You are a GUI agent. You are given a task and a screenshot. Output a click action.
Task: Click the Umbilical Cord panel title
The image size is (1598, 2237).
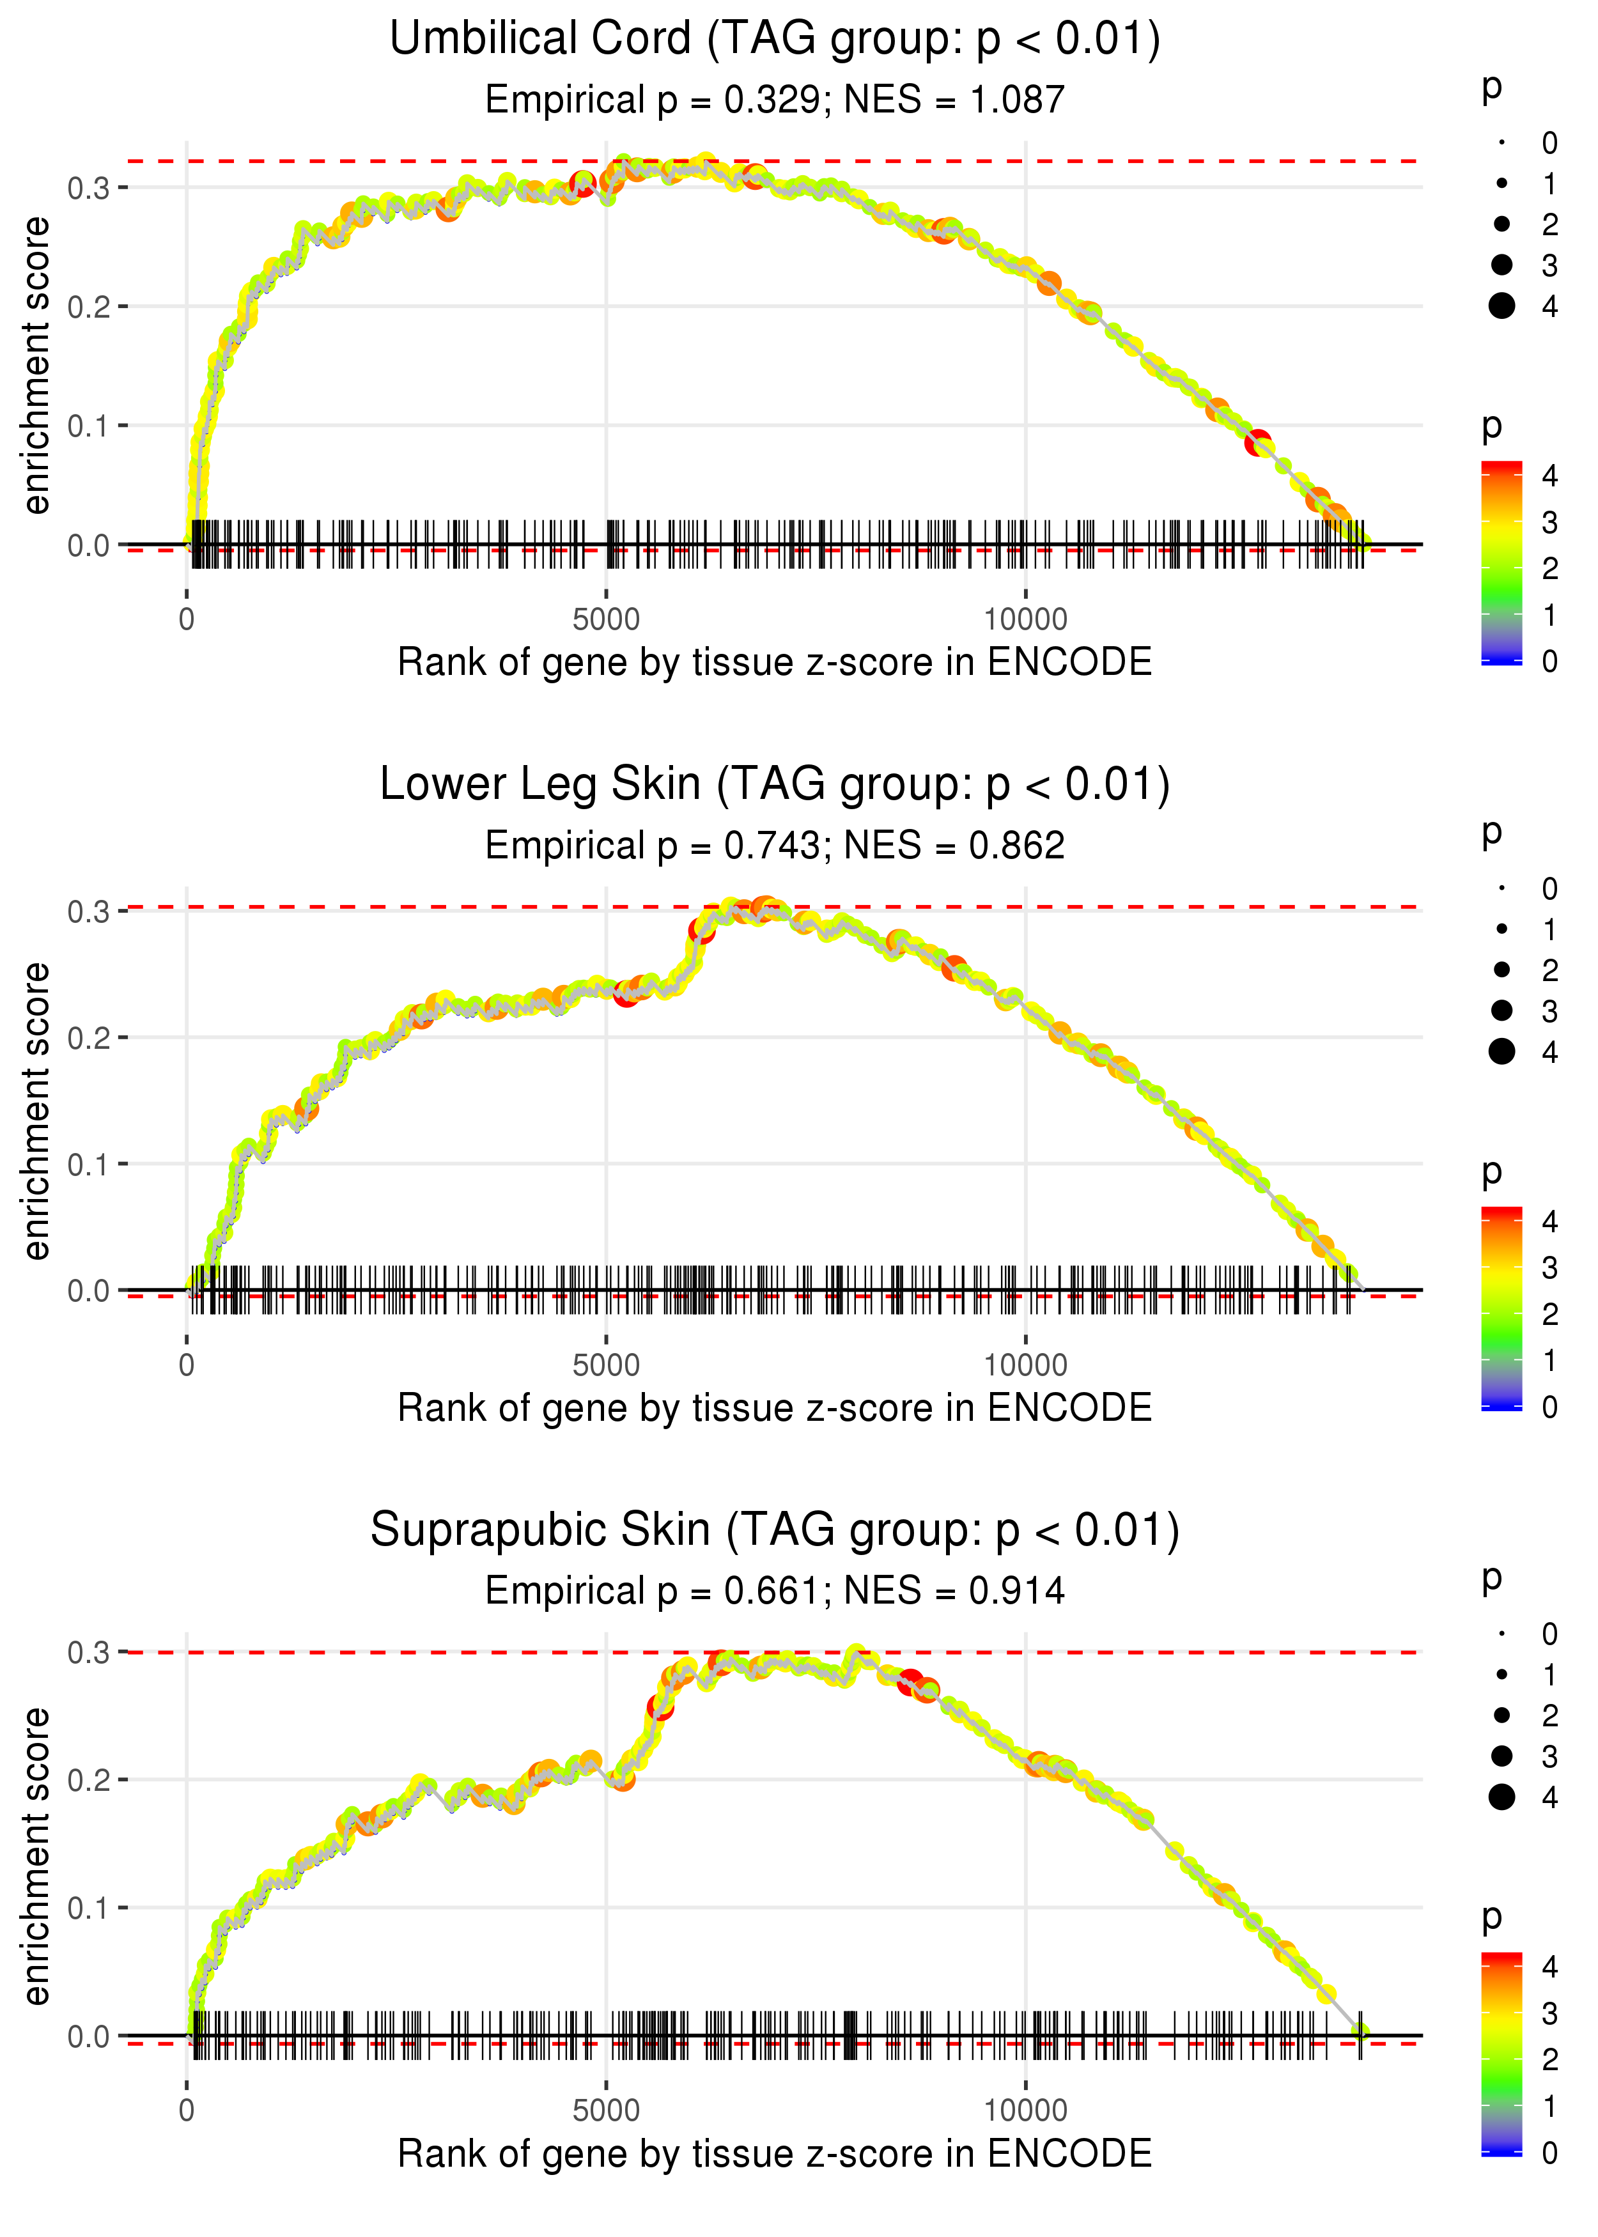pos(775,40)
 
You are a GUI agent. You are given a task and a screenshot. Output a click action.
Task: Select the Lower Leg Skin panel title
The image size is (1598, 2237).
pos(775,785)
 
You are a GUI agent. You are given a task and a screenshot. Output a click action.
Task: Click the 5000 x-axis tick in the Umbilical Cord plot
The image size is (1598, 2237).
pos(606,620)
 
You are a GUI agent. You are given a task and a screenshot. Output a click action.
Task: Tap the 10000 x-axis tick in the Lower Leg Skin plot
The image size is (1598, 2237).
pos(1025,1365)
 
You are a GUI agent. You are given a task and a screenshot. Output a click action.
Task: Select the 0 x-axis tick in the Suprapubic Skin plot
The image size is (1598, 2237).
pos(187,2111)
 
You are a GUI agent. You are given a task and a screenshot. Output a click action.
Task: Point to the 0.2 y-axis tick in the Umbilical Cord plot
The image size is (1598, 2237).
pos(89,307)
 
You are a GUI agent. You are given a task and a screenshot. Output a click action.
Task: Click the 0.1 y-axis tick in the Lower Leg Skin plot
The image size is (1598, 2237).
pos(89,1165)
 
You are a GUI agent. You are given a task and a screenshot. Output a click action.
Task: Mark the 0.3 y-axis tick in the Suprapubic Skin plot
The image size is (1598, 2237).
pos(89,1653)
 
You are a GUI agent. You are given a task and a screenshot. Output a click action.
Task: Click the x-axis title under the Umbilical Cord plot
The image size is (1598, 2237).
pos(775,663)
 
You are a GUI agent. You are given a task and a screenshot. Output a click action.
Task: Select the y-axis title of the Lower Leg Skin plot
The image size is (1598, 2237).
pos(36,1111)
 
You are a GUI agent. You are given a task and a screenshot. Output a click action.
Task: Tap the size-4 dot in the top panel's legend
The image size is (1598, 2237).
pos(1501,306)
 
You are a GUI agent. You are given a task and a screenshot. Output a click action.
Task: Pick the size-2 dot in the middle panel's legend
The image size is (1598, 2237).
pos(1501,970)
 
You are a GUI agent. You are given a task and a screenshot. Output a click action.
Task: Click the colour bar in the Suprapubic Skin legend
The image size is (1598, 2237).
pos(1501,2054)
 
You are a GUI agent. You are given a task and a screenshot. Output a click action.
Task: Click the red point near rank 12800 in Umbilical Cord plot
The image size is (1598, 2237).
pos(1257,444)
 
